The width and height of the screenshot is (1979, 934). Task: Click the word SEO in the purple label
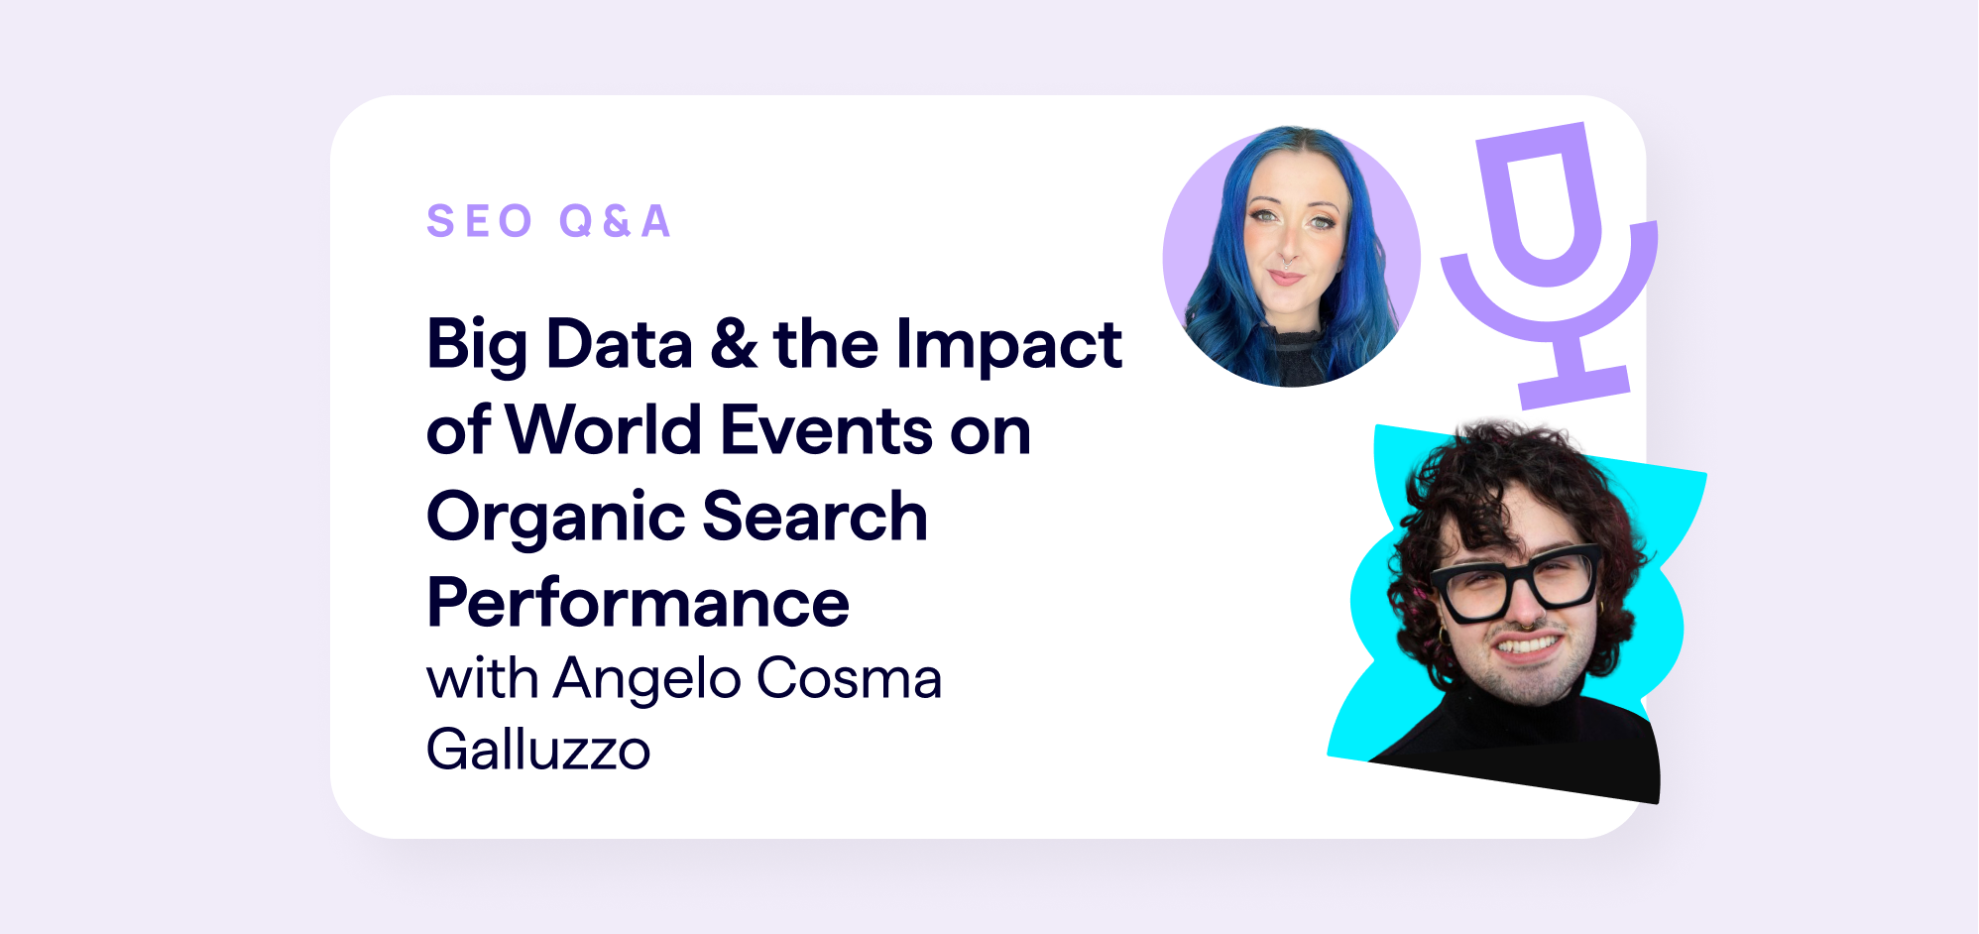tap(480, 221)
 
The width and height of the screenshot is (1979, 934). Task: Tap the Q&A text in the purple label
tap(616, 221)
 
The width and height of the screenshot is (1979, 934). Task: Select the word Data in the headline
tap(619, 345)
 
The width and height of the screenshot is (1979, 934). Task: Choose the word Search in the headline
tap(815, 517)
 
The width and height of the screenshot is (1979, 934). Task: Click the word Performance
tap(638, 603)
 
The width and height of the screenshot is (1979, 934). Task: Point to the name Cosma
tap(849, 679)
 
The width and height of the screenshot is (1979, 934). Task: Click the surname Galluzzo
tap(538, 751)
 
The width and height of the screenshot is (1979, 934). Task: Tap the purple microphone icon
tap(1548, 265)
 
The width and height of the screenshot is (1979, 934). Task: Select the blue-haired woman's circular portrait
tap(1291, 257)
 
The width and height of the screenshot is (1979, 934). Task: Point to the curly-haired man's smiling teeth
tap(1528, 645)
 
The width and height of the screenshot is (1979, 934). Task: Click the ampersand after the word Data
tap(734, 345)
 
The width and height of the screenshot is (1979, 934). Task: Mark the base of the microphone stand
tap(1575, 387)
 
